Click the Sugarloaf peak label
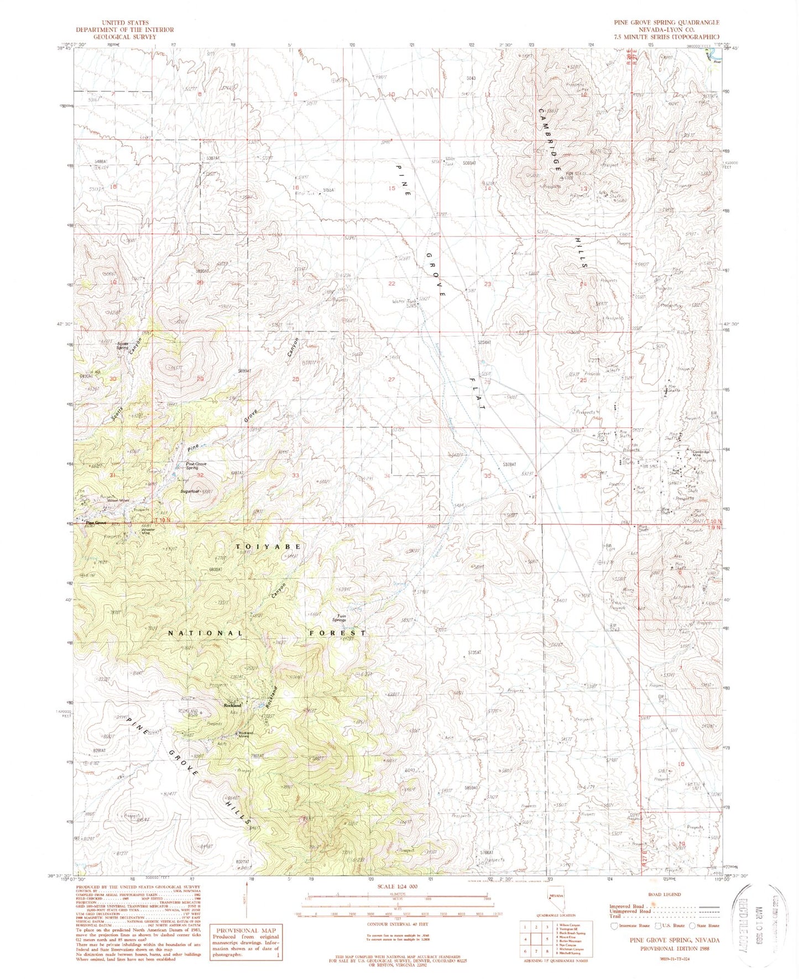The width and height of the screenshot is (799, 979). tap(189, 491)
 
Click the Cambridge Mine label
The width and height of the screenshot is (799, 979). tap(700, 453)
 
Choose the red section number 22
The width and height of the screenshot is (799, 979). tap(391, 284)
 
